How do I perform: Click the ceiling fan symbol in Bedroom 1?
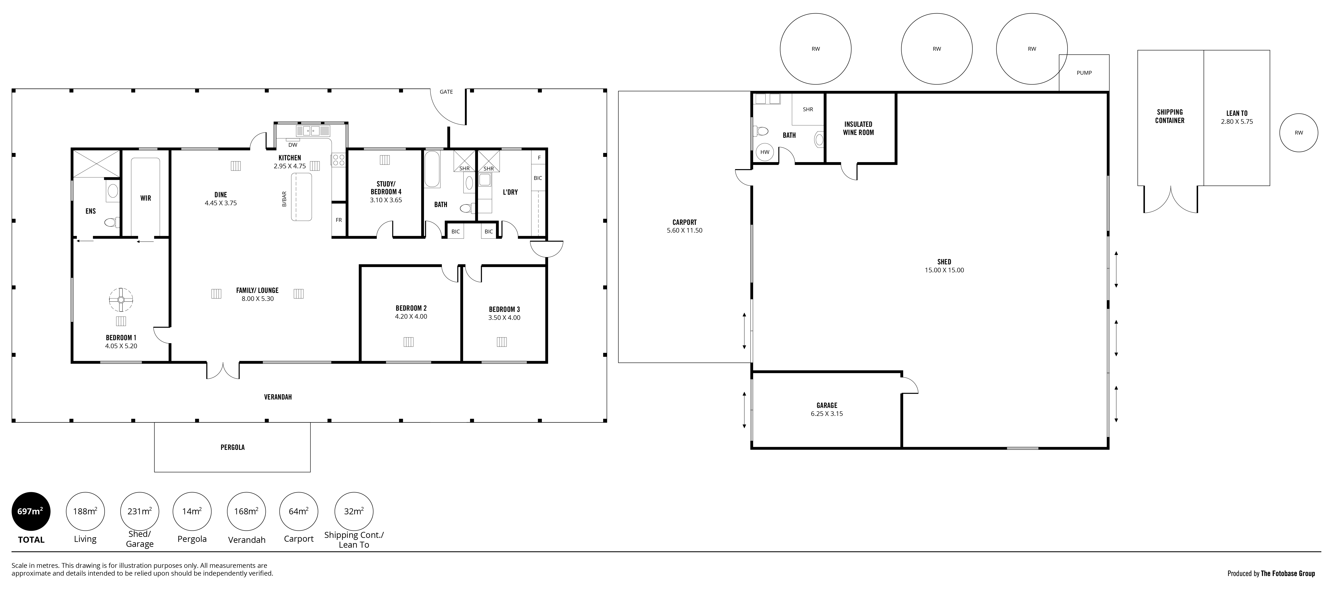tap(121, 299)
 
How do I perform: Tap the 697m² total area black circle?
tap(31, 511)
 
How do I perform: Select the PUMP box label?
tap(1084, 73)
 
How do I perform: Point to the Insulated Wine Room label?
tap(859, 128)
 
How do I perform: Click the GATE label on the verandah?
tap(446, 92)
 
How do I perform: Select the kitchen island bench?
tap(302, 197)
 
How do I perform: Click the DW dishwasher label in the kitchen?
tap(293, 145)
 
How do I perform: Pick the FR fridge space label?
tap(339, 220)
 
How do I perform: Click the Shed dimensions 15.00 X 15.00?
tap(944, 270)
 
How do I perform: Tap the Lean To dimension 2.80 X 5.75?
tap(1237, 122)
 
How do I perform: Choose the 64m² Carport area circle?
tap(299, 511)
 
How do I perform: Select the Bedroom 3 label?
tap(505, 309)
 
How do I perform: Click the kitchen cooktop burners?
tap(338, 159)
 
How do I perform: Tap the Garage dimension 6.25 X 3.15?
tap(827, 414)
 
